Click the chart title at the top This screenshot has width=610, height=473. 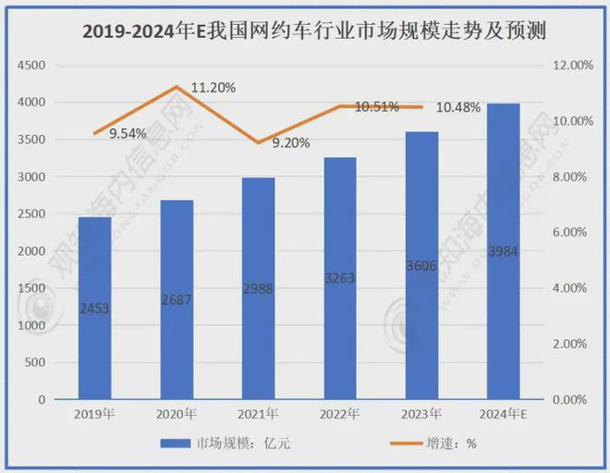[x=305, y=32]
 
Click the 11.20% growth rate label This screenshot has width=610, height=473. [x=213, y=88]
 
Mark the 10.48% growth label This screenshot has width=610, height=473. [x=457, y=107]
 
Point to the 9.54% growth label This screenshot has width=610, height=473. [x=128, y=134]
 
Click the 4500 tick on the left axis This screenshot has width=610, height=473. [x=32, y=66]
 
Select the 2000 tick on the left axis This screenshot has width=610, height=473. [x=32, y=251]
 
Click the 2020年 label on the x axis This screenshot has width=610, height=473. [x=176, y=414]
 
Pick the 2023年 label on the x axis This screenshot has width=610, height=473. [x=421, y=414]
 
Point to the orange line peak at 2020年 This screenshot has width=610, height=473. [x=176, y=87]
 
